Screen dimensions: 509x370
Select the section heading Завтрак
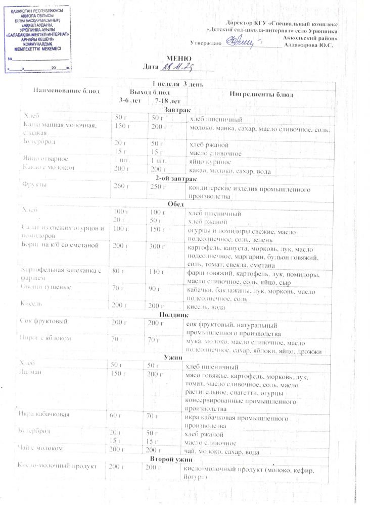tap(175, 110)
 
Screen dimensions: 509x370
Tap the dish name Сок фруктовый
tap(45, 321)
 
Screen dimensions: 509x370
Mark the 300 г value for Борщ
tap(158, 246)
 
